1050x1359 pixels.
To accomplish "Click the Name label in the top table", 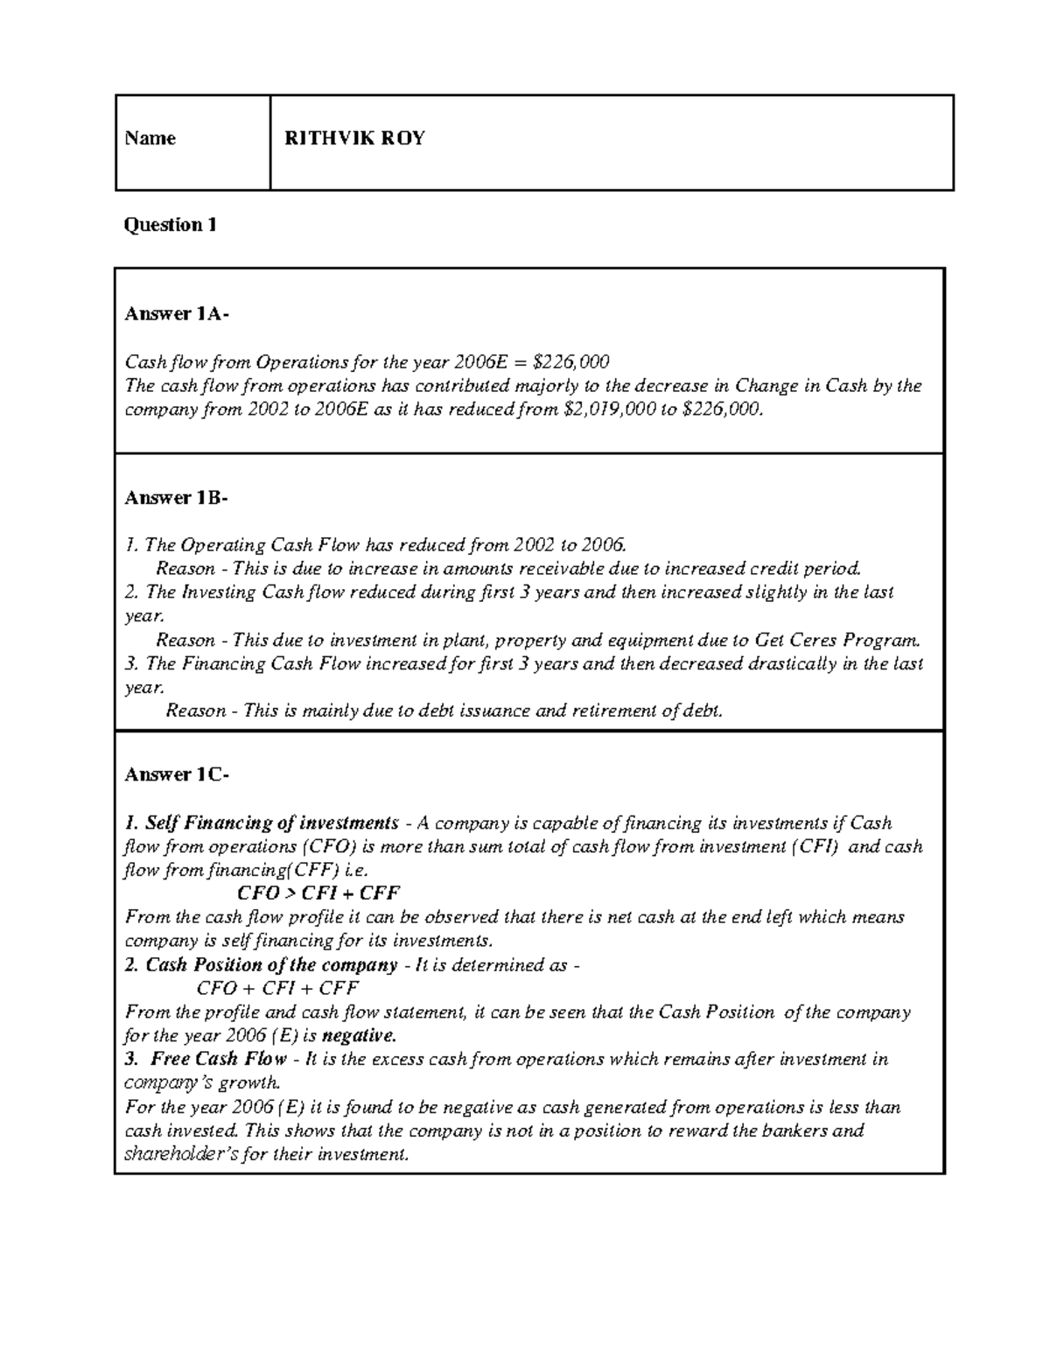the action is coord(150,138).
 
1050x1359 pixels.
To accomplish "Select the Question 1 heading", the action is coord(170,225).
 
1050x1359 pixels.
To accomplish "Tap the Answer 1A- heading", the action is coord(177,314).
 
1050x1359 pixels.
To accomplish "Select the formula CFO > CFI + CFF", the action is coord(318,893).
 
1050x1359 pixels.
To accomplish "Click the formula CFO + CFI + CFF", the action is coord(278,988).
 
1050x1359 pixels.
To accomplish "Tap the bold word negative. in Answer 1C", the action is coord(359,1036).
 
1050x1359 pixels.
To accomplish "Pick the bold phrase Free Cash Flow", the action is coord(219,1059).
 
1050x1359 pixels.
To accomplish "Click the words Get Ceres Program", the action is coord(837,640).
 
